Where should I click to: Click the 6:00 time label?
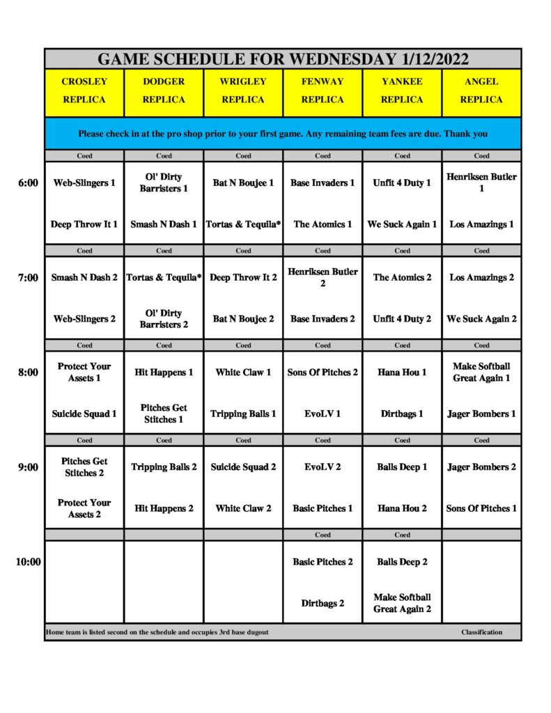(28, 183)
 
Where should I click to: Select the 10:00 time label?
(28, 562)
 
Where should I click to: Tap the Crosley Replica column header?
(84, 91)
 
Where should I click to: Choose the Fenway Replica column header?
(323, 91)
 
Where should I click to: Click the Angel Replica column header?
(481, 91)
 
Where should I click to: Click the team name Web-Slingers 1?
(84, 183)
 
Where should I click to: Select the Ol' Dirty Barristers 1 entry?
(164, 183)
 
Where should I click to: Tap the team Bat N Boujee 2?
(243, 319)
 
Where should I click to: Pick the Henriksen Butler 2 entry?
(323, 277)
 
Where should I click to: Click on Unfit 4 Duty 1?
(402, 183)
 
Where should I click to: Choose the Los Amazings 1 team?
(481, 224)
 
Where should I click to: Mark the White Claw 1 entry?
(243, 373)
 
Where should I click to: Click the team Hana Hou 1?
(402, 373)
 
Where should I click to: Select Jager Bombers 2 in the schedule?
(481, 467)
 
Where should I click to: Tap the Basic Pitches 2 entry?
(323, 562)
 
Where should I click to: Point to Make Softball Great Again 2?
(402, 603)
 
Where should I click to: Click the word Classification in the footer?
(481, 632)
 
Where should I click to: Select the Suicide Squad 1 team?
(84, 414)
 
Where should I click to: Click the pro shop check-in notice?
(283, 134)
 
